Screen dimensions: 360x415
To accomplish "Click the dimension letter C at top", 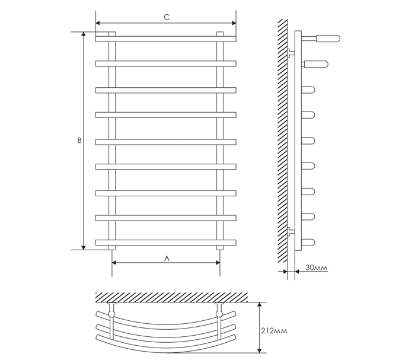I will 167,18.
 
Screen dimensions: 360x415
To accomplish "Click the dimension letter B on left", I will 79,141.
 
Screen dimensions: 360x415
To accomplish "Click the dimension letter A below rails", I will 167,258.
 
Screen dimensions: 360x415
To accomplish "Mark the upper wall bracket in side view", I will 290,54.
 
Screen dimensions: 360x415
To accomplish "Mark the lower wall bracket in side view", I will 290,231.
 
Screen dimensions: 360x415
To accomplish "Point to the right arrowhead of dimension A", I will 218,263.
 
